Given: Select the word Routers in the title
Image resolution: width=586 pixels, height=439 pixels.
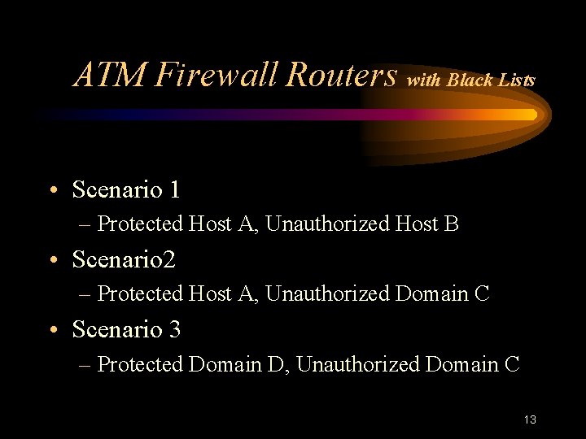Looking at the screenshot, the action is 341,75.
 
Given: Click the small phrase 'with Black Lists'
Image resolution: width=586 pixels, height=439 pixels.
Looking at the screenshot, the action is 471,80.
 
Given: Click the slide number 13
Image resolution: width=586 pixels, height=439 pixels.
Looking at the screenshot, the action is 531,419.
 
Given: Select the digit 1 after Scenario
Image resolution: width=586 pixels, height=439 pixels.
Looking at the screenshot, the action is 174,190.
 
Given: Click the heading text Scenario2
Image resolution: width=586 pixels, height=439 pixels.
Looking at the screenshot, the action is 124,260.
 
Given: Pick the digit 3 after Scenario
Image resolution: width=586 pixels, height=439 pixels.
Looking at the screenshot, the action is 174,330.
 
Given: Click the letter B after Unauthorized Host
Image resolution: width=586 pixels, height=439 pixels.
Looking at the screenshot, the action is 453,224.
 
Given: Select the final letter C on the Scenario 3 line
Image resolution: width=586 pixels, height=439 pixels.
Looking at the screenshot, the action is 512,364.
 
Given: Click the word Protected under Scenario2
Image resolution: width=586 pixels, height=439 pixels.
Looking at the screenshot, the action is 140,293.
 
